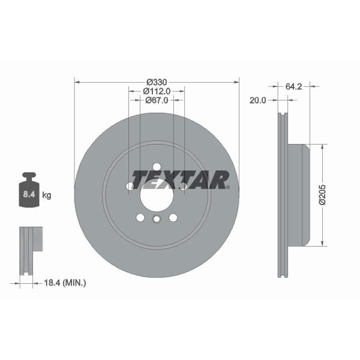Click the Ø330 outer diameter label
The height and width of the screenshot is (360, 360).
point(157,82)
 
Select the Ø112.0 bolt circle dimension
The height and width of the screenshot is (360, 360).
point(157,91)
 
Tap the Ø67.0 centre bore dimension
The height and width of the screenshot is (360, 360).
point(157,100)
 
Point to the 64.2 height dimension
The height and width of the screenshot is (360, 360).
point(293,86)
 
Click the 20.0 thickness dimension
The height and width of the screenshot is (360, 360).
point(257,100)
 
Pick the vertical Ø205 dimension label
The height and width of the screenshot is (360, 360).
point(322,194)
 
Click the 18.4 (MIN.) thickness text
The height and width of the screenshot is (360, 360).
point(65,283)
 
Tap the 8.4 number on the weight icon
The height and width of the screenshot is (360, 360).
point(29,194)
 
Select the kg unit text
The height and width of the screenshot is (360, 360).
point(47,196)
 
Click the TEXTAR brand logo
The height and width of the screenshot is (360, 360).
point(181,179)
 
